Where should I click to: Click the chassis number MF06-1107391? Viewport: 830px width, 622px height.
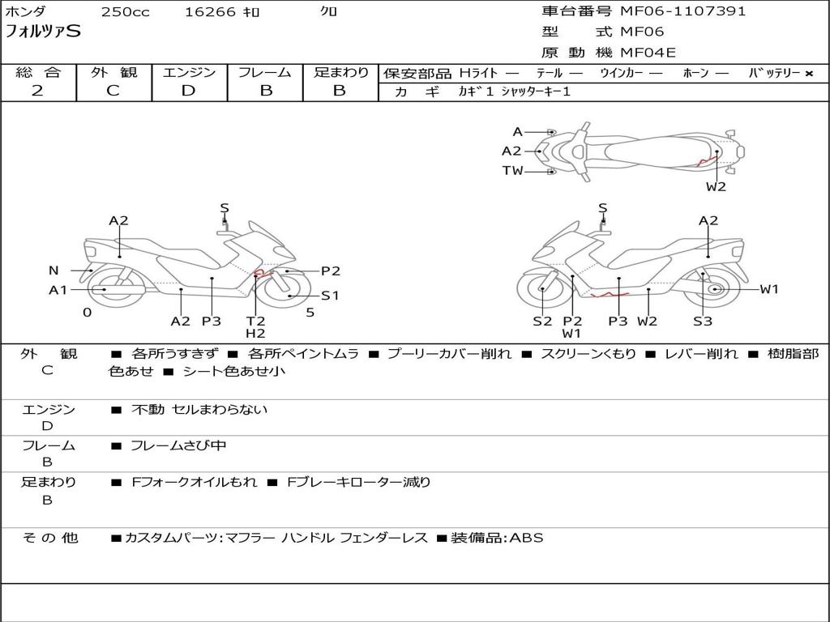pyautogui.click(x=682, y=11)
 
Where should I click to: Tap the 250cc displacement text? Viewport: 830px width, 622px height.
pyautogui.click(x=125, y=12)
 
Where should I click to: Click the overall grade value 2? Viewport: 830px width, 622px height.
pyautogui.click(x=37, y=91)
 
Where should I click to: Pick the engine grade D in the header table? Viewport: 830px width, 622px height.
pyautogui.click(x=188, y=91)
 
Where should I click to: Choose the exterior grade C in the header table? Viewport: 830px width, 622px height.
pyautogui.click(x=113, y=91)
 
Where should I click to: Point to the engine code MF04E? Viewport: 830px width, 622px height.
pyautogui.click(x=648, y=53)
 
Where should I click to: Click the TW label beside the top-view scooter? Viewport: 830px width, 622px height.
pyautogui.click(x=512, y=171)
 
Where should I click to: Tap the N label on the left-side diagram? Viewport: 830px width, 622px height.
pyautogui.click(x=53, y=271)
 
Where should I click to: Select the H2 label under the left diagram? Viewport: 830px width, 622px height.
pyautogui.click(x=255, y=333)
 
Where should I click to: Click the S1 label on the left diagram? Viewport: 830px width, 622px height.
pyautogui.click(x=330, y=296)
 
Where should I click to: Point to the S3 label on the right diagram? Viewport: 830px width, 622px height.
pyautogui.click(x=703, y=322)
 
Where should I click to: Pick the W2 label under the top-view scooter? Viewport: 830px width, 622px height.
pyautogui.click(x=716, y=187)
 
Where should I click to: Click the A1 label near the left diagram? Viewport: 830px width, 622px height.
pyautogui.click(x=58, y=290)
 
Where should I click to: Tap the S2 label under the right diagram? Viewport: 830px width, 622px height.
pyautogui.click(x=542, y=322)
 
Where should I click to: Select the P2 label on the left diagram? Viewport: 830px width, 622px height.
pyautogui.click(x=331, y=271)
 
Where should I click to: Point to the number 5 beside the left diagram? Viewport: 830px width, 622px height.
pyautogui.click(x=310, y=312)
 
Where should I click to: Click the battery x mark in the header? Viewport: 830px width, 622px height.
pyautogui.click(x=808, y=74)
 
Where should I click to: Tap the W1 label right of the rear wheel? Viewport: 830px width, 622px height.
pyautogui.click(x=769, y=289)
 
